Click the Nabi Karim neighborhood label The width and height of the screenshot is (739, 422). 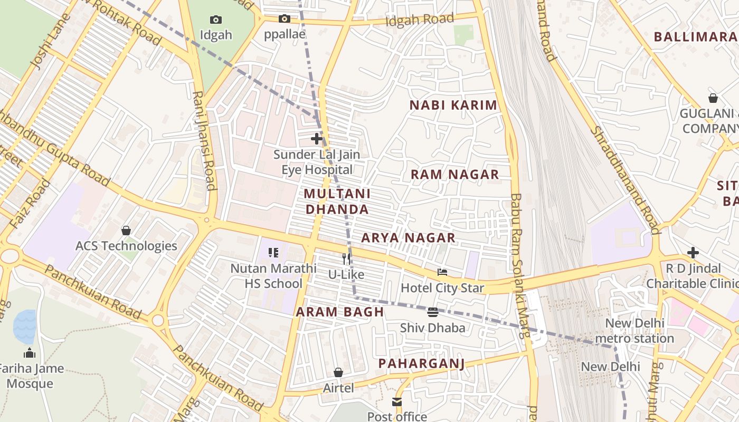[x=453, y=105]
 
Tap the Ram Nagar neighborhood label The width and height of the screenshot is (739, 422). [x=454, y=175]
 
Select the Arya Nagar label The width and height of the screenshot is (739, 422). [x=408, y=238]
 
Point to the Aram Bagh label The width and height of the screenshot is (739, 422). [x=340, y=312]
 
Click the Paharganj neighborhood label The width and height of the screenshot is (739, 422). [x=421, y=363]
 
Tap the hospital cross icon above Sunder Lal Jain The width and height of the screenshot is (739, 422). [x=317, y=139]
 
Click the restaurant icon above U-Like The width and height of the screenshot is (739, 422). [x=346, y=258]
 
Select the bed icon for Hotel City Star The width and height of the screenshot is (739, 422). [x=442, y=272]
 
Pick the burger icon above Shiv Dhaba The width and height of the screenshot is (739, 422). [x=433, y=312]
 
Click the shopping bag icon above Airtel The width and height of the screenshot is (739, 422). [x=338, y=373]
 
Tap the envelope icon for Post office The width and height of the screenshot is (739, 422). [x=397, y=402]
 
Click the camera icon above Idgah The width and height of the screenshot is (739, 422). [x=216, y=20]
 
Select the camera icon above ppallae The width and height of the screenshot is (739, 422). [x=285, y=19]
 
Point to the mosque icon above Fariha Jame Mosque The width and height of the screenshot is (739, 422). [x=30, y=353]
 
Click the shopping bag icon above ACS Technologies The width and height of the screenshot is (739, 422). [x=126, y=231]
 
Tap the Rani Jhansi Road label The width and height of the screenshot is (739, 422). [x=204, y=140]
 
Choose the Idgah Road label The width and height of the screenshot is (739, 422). [x=420, y=20]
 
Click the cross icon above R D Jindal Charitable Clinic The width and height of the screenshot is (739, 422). [x=693, y=253]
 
